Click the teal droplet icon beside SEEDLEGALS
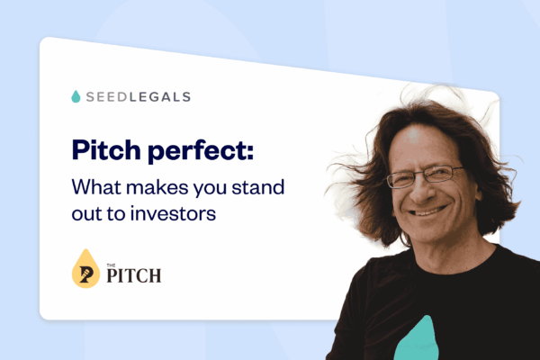pyautogui.click(x=75, y=95)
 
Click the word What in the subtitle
pyautogui.click(x=96, y=187)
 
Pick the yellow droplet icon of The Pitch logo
pyautogui.click(x=85, y=267)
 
